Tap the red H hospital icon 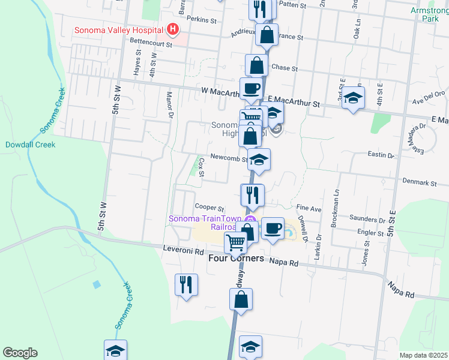(173, 29)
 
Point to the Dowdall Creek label (30, 145)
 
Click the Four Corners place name (236, 259)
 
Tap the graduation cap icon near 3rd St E (353, 98)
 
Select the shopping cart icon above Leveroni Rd (236, 242)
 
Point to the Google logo (20, 353)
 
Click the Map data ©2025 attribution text (423, 355)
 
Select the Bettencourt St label (152, 43)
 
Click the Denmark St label (416, 182)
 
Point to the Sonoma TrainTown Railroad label (204, 223)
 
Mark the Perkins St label (201, 20)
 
